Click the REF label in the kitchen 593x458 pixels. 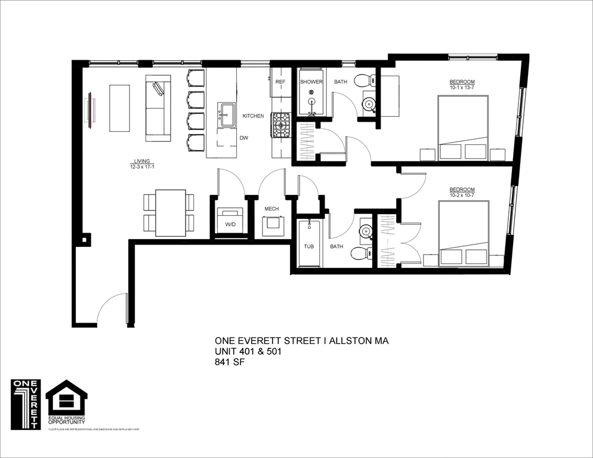pyautogui.click(x=280, y=82)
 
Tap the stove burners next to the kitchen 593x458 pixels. pyautogui.click(x=281, y=125)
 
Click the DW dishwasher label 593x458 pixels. pyautogui.click(x=243, y=138)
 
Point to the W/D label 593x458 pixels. pyautogui.click(x=230, y=225)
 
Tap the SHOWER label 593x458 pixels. pyautogui.click(x=311, y=82)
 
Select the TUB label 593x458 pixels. pyautogui.click(x=308, y=246)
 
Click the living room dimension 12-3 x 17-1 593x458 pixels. pyautogui.click(x=141, y=168)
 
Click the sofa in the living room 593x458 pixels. pyautogui.click(x=158, y=108)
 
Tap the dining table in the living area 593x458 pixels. pyautogui.click(x=169, y=213)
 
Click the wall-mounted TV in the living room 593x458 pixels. pyautogui.click(x=89, y=109)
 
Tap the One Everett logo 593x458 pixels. pyautogui.click(x=26, y=404)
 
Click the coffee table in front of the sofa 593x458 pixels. pyautogui.click(x=119, y=108)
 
